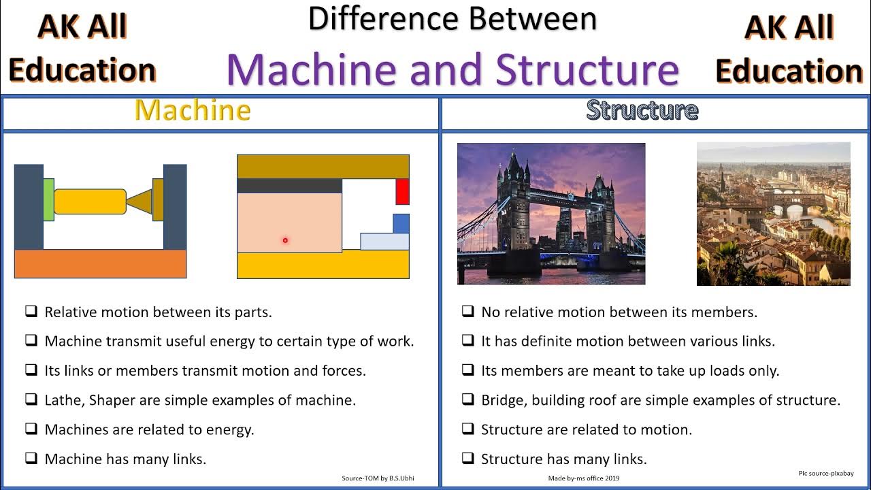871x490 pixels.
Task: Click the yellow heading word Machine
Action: click(x=193, y=110)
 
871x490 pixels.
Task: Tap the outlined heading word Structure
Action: click(x=642, y=110)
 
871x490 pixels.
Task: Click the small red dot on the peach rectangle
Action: click(x=285, y=240)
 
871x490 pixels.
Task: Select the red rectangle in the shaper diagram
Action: click(x=402, y=191)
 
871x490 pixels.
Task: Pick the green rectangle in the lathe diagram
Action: click(x=48, y=200)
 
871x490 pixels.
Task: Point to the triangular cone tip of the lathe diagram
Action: click(x=140, y=201)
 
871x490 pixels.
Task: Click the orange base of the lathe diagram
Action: click(x=100, y=263)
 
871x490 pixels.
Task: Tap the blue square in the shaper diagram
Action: click(x=401, y=223)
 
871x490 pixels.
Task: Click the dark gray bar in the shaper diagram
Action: click(x=289, y=186)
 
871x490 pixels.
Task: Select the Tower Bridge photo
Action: click(x=551, y=214)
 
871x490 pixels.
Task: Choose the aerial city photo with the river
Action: click(x=773, y=214)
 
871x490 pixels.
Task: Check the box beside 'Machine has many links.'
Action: click(x=31, y=458)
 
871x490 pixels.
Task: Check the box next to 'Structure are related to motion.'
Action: click(x=467, y=429)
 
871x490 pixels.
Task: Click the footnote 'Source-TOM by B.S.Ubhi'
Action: click(x=378, y=478)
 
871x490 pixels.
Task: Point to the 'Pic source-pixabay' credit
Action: click(x=825, y=473)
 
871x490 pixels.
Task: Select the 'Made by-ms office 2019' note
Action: click(x=584, y=478)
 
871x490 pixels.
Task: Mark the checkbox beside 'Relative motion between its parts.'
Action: click(x=31, y=312)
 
